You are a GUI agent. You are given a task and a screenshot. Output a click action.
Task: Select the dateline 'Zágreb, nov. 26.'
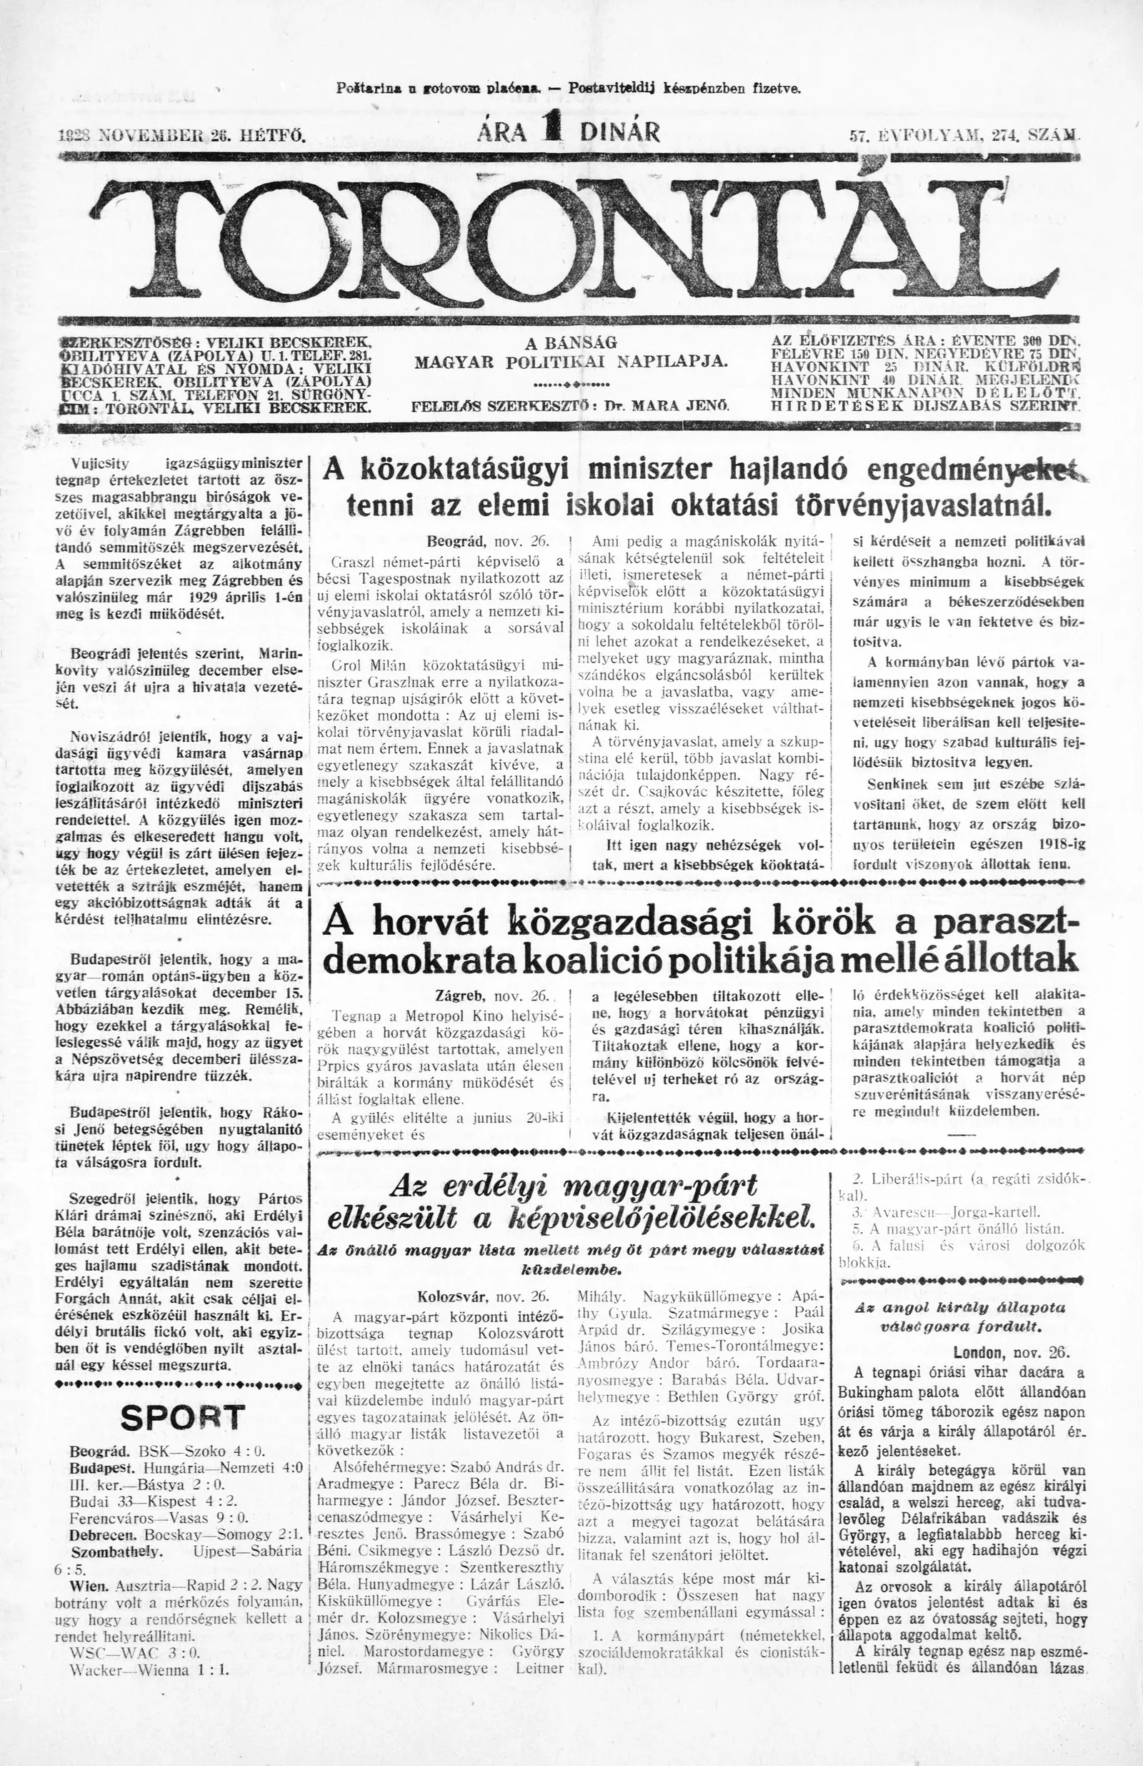492,995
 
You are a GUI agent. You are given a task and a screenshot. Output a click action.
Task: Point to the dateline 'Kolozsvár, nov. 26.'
483,1296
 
